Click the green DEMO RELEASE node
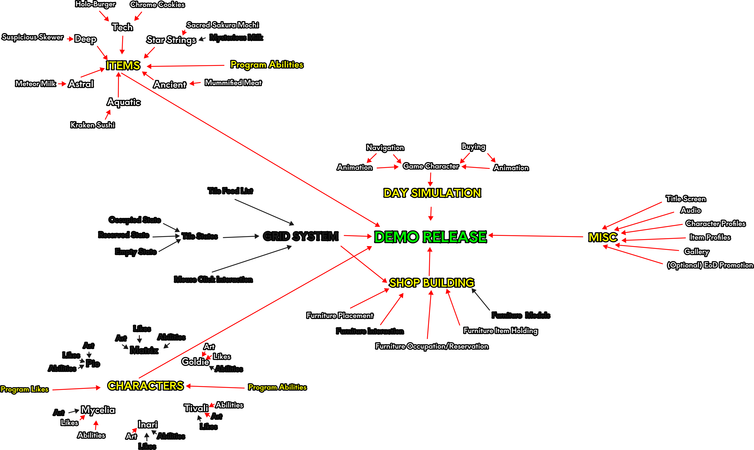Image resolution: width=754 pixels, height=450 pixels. click(x=430, y=237)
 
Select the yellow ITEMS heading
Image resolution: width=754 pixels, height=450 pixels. click(x=123, y=65)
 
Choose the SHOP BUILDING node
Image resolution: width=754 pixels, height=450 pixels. click(x=432, y=283)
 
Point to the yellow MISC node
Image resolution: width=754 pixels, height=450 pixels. click(x=602, y=237)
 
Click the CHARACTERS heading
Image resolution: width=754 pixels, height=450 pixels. click(x=145, y=386)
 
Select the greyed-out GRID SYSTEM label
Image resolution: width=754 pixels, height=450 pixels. click(x=300, y=236)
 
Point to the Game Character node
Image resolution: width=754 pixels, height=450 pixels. click(x=430, y=166)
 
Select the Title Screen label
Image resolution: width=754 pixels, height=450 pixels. click(x=686, y=199)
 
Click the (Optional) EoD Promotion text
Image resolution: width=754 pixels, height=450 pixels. click(x=710, y=265)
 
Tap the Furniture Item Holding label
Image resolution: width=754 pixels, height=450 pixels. click(x=500, y=331)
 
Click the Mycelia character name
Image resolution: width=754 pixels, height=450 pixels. click(x=98, y=410)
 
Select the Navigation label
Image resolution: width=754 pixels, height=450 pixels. click(x=385, y=148)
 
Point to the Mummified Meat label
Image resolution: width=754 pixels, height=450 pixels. click(x=233, y=83)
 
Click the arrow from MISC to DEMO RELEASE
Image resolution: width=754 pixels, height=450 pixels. click(x=536, y=236)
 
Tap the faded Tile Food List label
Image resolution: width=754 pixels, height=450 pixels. click(x=230, y=191)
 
